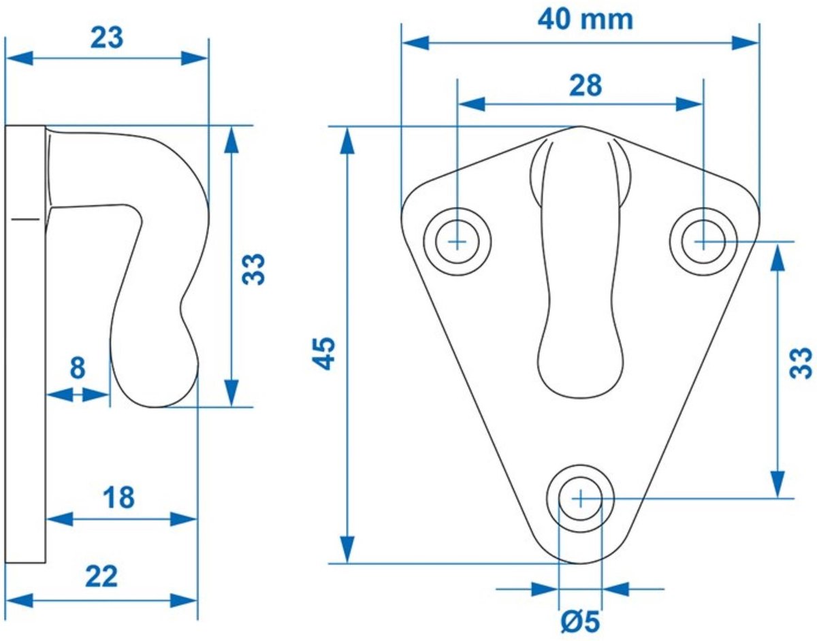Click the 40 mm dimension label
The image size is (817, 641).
pos(585,20)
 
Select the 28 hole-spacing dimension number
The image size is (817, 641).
pos(586,86)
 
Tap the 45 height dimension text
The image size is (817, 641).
pos(325,352)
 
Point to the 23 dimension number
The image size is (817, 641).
pos(107,38)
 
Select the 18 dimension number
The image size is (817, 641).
pos(120,498)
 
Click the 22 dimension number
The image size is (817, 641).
pos(101,578)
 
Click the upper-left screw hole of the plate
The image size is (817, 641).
pos(457,241)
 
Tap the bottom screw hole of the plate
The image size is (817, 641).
pos(579,499)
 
